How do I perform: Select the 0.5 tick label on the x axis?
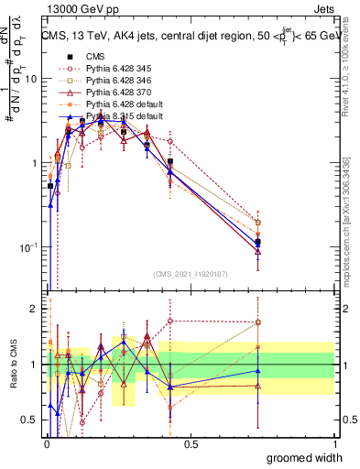pos(191,443)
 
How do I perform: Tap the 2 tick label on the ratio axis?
pos(33,309)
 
